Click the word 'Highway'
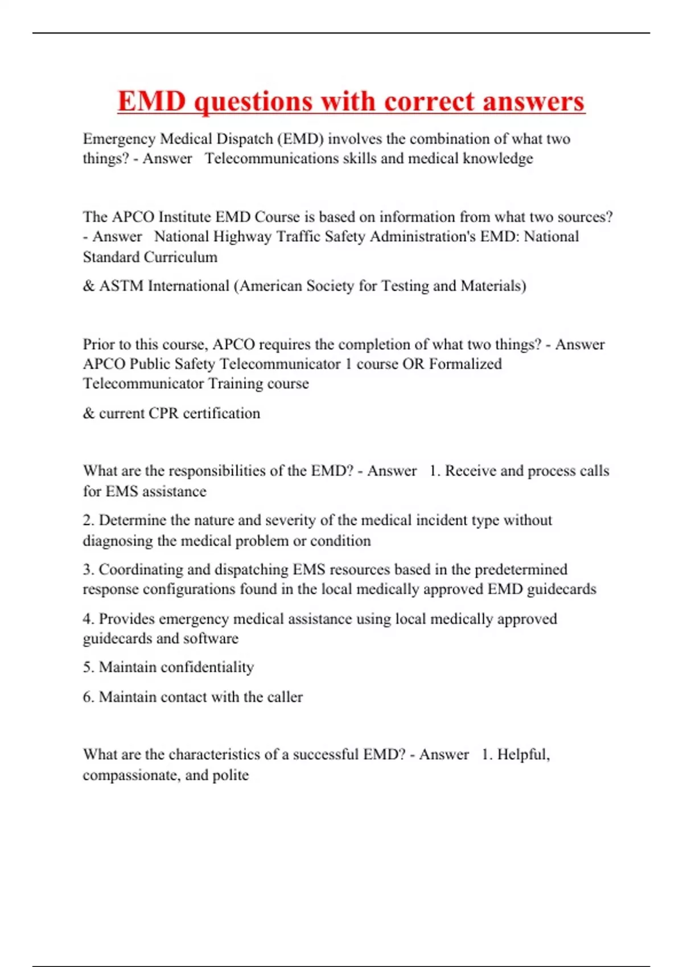coord(242,237)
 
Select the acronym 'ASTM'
coord(121,286)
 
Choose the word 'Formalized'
coord(465,364)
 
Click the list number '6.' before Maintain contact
coord(89,697)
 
